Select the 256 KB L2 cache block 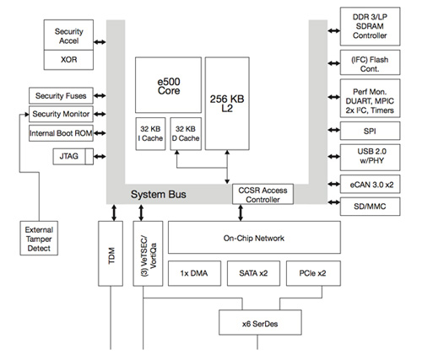click(x=228, y=101)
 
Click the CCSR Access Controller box click(x=262, y=195)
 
